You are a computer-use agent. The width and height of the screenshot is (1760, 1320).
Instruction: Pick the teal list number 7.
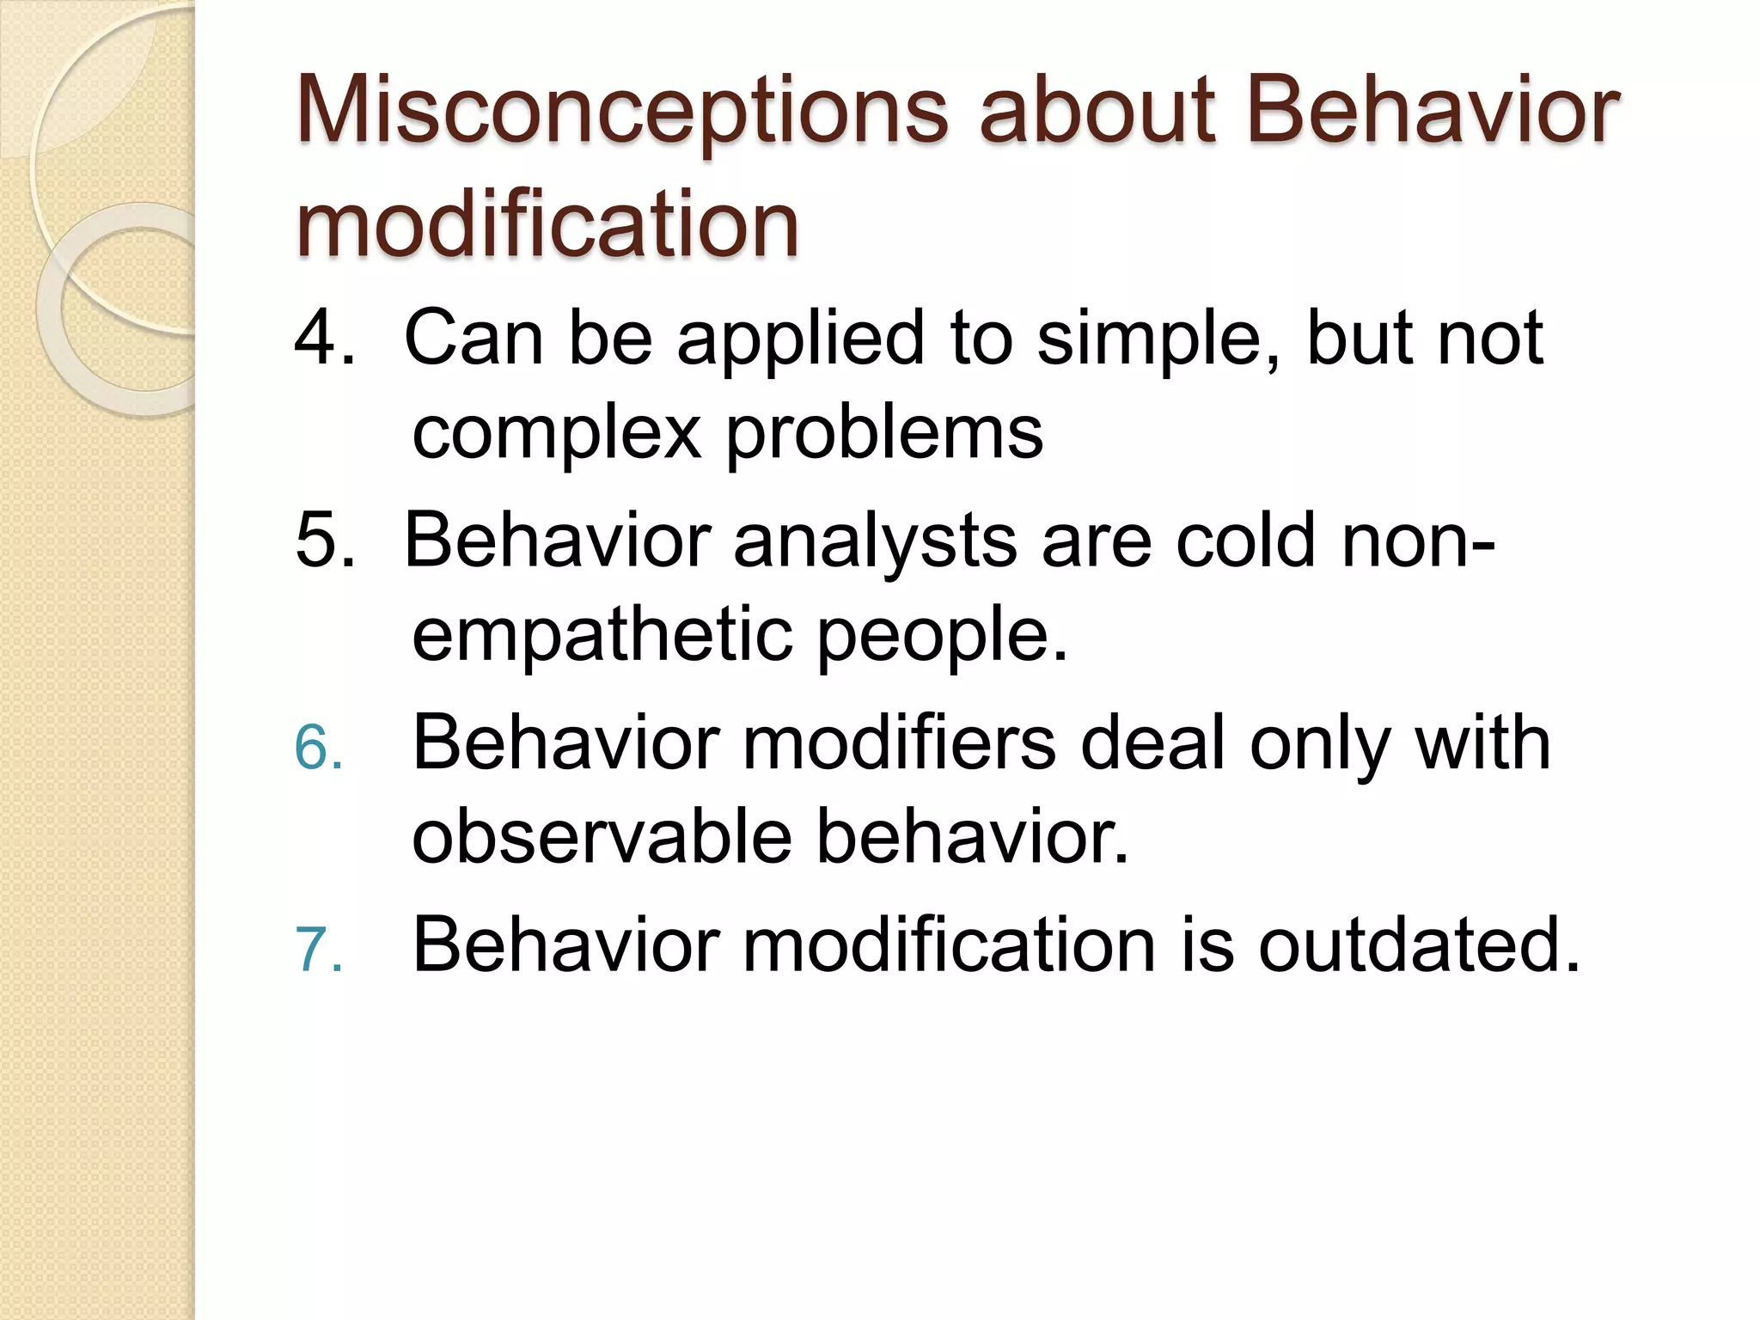pyautogui.click(x=318, y=950)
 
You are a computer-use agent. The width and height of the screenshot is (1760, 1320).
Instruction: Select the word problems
pyautogui.click(x=885, y=431)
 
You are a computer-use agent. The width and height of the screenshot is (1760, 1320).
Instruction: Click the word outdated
pyautogui.click(x=1419, y=945)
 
